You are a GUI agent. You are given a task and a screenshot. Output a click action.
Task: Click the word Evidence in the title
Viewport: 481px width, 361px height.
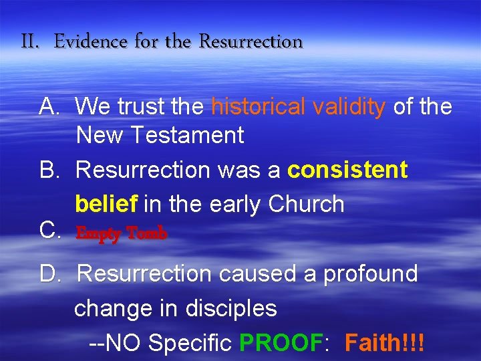pyautogui.click(x=91, y=42)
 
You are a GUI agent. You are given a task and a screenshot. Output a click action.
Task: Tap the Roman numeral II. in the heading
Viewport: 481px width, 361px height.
pyautogui.click(x=31, y=42)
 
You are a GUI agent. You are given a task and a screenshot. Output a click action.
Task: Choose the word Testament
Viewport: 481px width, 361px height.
pyautogui.click(x=188, y=135)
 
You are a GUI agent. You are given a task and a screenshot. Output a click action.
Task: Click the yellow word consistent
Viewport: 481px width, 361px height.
pyautogui.click(x=347, y=170)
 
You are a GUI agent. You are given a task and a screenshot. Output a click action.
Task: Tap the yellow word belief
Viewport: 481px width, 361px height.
pyautogui.click(x=107, y=203)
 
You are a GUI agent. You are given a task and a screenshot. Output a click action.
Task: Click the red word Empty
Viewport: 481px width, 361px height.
pyautogui.click(x=98, y=234)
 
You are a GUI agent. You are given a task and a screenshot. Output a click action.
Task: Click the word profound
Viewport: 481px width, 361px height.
pyautogui.click(x=371, y=273)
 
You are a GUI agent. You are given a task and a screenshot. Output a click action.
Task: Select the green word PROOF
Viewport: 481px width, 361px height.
pyautogui.click(x=281, y=343)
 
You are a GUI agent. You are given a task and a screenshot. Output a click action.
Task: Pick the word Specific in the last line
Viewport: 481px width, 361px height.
pyautogui.click(x=190, y=343)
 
